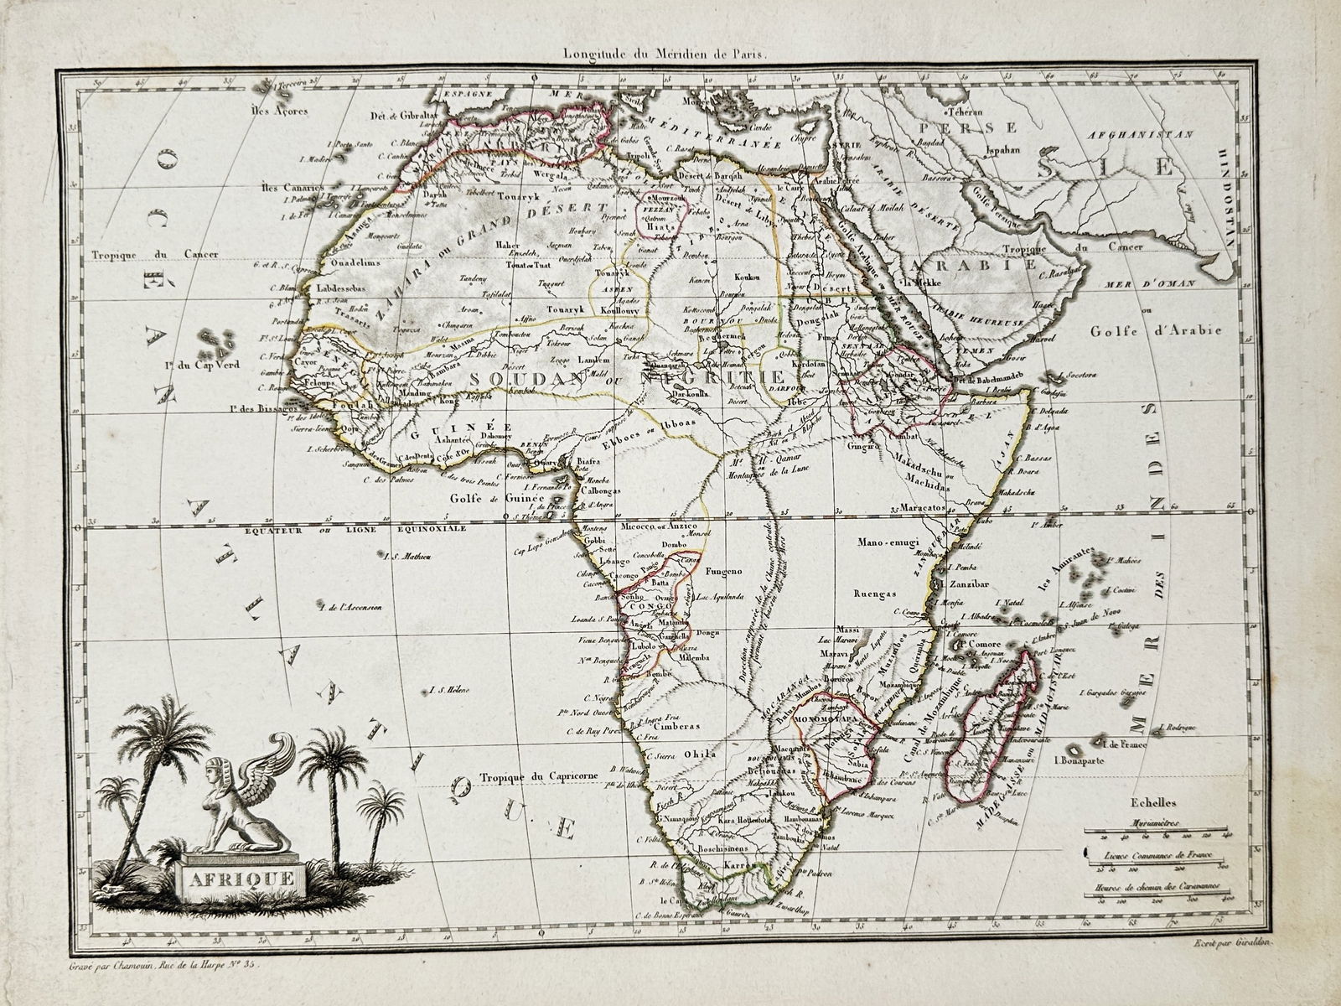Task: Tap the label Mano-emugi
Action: point(885,542)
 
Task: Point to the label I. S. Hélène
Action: point(449,691)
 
